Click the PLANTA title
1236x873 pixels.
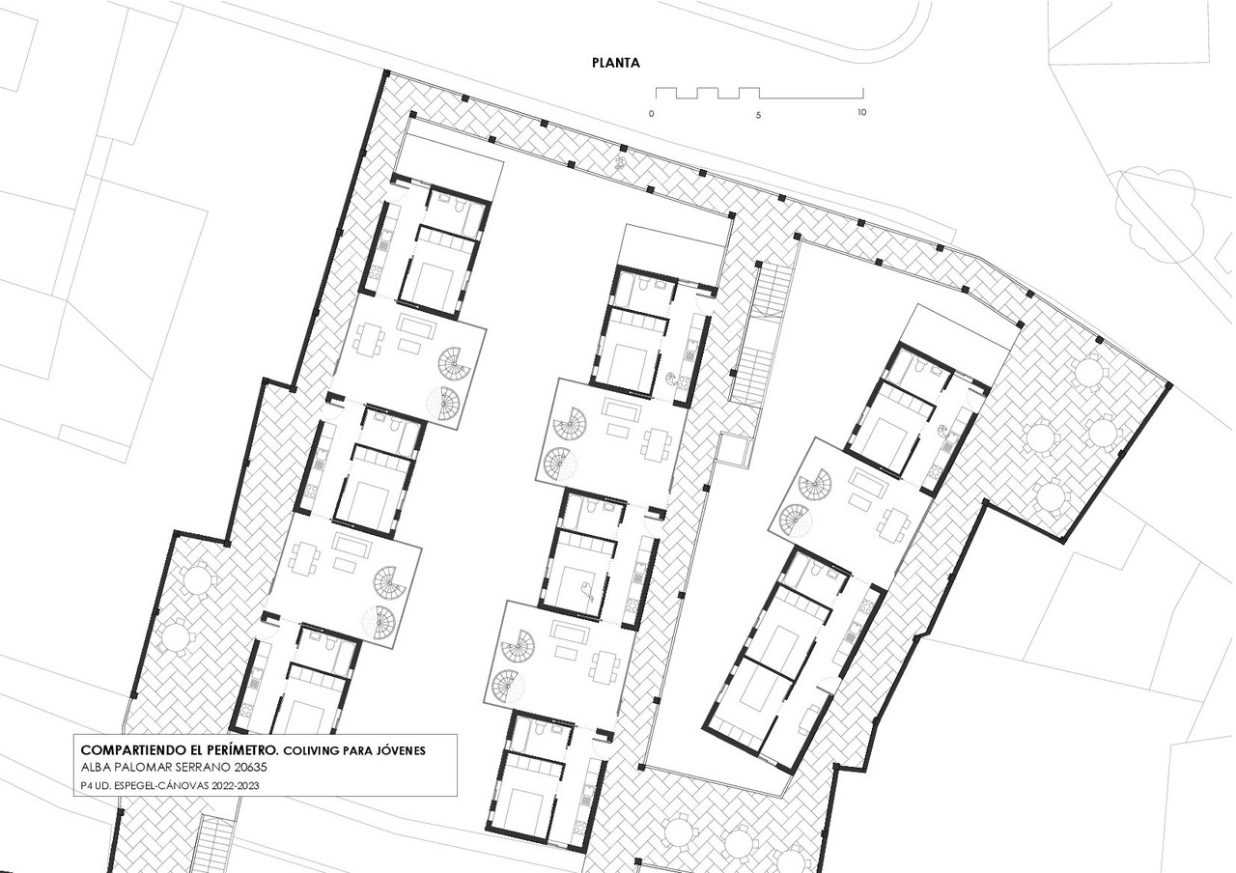click(616, 63)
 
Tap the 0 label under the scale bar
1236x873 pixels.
click(652, 114)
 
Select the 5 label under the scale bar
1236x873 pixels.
click(758, 115)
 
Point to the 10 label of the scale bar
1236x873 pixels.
click(861, 112)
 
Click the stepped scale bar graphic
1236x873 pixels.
click(759, 94)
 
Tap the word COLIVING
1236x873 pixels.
click(311, 750)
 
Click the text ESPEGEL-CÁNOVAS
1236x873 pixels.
click(161, 785)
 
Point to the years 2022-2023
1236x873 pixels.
click(235, 785)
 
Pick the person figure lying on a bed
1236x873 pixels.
click(586, 591)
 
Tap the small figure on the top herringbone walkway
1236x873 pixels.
click(621, 161)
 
